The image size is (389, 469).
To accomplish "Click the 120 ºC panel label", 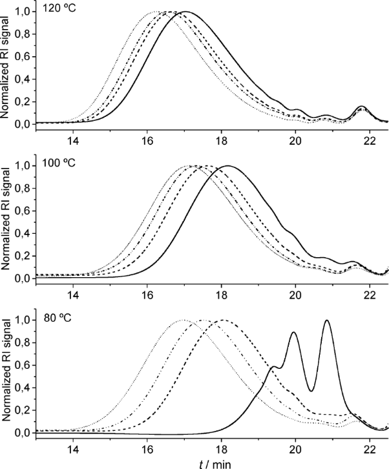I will [x=58, y=10].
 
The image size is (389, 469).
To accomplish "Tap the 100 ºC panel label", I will [x=58, y=162].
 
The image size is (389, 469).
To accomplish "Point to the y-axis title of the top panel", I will [x=7, y=68].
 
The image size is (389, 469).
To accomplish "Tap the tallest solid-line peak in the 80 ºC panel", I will [x=327, y=320].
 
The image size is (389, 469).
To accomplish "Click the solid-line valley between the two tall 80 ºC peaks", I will [x=311, y=391].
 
